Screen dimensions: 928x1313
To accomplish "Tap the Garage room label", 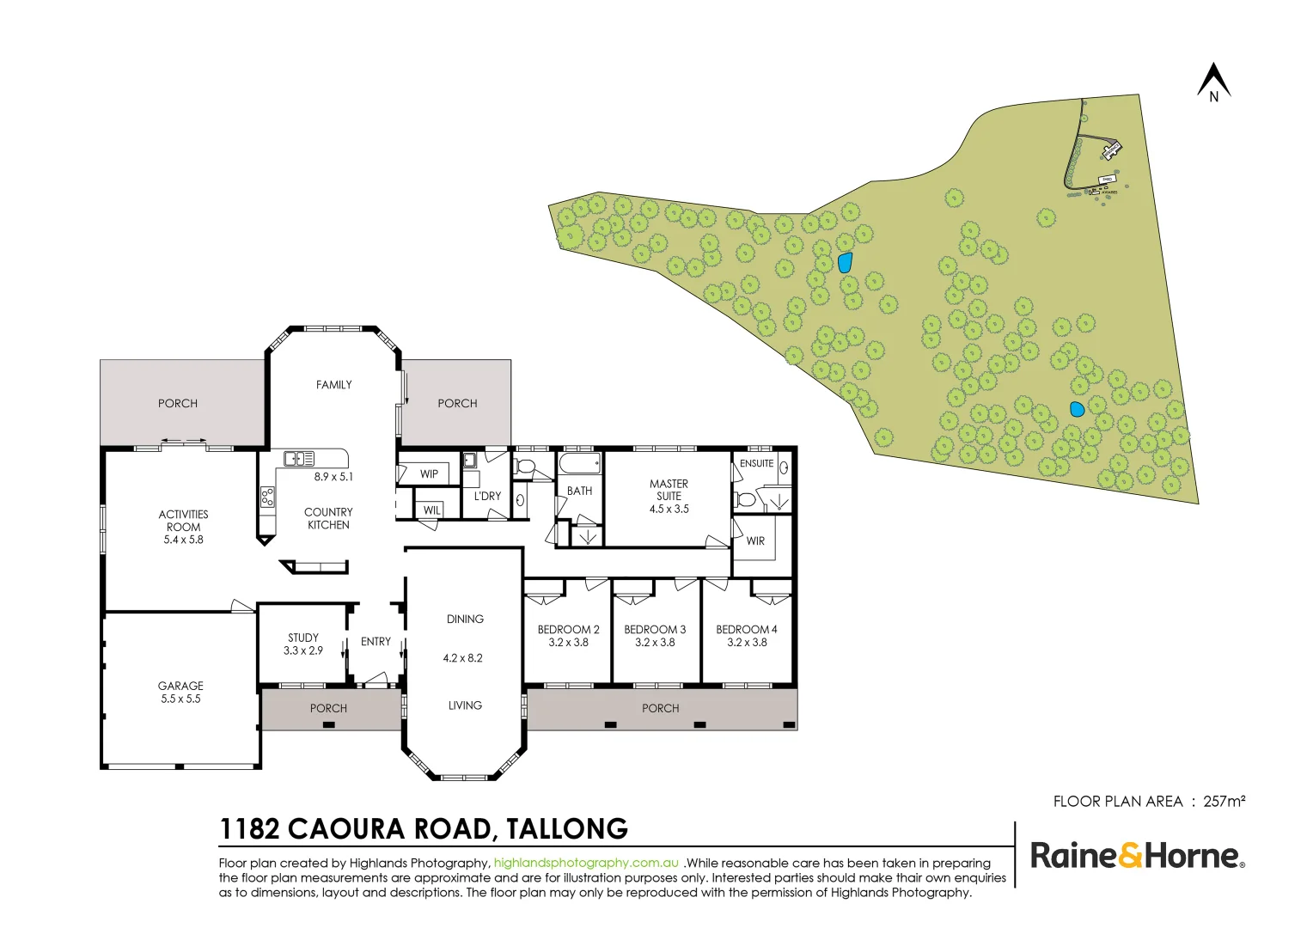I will click(180, 686).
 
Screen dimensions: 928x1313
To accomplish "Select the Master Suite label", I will click(669, 490).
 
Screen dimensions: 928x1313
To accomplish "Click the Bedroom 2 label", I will click(568, 630).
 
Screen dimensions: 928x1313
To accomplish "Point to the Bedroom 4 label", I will click(746, 630).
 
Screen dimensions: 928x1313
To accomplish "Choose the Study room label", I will click(303, 638).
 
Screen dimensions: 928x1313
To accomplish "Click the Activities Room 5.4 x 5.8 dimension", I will click(183, 540).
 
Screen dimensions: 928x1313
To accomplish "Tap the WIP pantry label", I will click(429, 474).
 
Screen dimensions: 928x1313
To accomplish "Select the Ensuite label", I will click(756, 463).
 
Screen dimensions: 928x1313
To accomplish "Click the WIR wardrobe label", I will click(755, 541).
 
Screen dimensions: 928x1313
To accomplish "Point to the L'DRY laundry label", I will click(487, 497).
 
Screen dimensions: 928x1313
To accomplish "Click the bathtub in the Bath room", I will click(580, 465).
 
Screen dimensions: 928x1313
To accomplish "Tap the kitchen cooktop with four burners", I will click(268, 497).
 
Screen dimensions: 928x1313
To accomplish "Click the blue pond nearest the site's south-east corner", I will click(1076, 410).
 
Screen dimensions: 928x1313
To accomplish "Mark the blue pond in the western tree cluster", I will click(845, 262).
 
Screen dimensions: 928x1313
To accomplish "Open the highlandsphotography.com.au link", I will click(586, 863).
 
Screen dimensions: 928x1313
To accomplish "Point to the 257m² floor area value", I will click(1224, 801).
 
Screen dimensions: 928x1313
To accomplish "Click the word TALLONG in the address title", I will click(567, 829).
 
